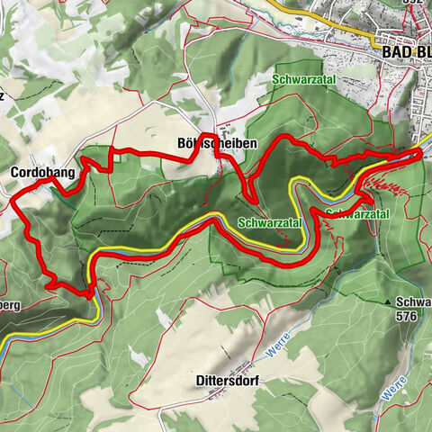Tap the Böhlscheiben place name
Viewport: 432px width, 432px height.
pyautogui.click(x=218, y=143)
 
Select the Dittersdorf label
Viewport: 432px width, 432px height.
pyautogui.click(x=227, y=381)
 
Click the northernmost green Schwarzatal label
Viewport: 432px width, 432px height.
pyautogui.click(x=297, y=80)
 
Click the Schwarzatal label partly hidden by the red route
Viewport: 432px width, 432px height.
pyautogui.click(x=358, y=214)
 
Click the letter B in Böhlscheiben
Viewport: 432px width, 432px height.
pyautogui.click(x=184, y=143)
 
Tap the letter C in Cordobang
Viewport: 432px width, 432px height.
pyautogui.click(x=15, y=171)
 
